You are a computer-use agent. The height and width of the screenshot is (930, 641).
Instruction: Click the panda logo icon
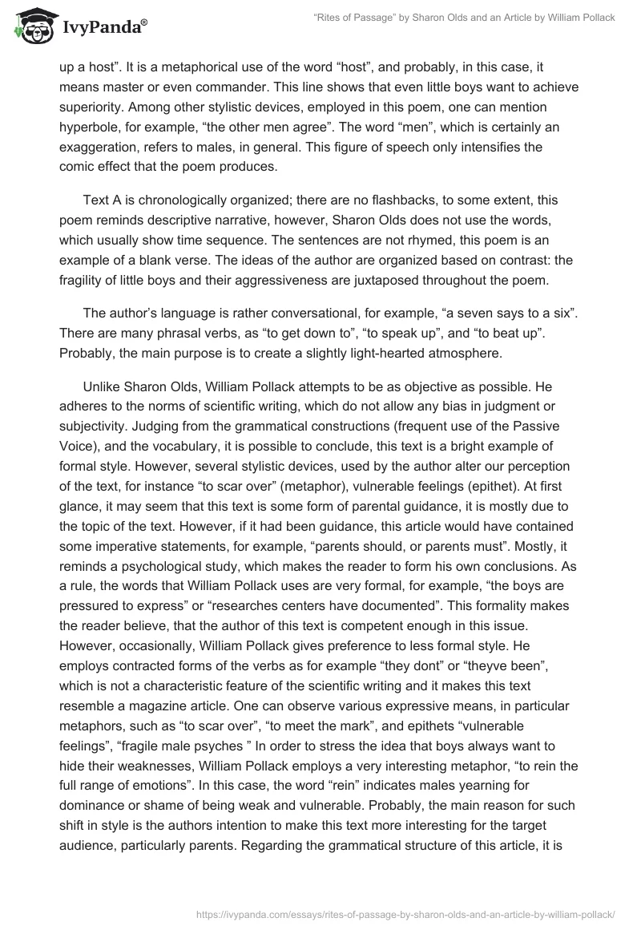33,23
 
